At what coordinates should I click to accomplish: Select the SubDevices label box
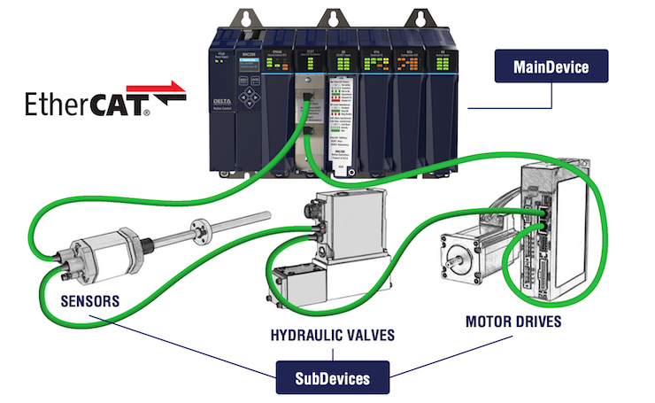click(x=330, y=379)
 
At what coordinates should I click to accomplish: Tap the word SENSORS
click(x=89, y=301)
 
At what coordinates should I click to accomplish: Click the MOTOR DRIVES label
click(x=513, y=321)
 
